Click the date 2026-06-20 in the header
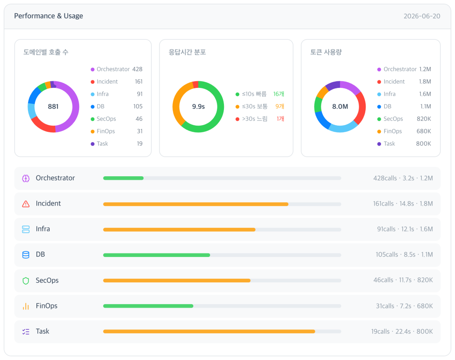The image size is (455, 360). [x=422, y=16]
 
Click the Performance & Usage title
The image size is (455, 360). [x=48, y=16]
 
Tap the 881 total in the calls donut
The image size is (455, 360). [x=53, y=107]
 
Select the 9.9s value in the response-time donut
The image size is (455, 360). [x=199, y=107]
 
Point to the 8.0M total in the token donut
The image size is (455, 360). [x=340, y=107]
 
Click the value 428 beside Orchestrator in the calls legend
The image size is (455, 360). [x=137, y=69]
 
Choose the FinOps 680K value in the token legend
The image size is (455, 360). [x=423, y=131]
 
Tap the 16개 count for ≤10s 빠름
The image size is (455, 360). [x=279, y=94]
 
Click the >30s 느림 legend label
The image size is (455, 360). [x=255, y=119]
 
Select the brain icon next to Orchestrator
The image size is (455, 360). [x=26, y=178]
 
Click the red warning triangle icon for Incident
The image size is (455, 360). [x=26, y=204]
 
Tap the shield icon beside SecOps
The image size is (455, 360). [x=26, y=281]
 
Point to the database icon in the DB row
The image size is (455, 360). [x=26, y=255]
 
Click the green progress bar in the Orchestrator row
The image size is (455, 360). [x=124, y=178]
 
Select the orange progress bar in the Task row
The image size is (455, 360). [x=209, y=331]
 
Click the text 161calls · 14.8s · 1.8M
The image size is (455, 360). [x=403, y=204]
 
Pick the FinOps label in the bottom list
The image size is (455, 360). [x=47, y=306]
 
